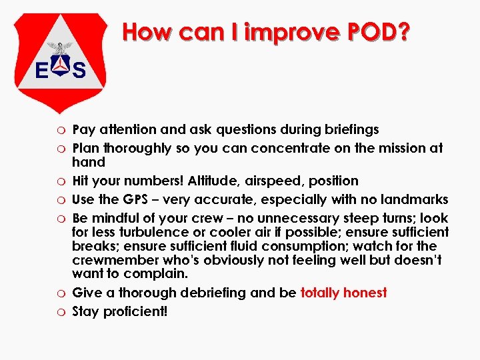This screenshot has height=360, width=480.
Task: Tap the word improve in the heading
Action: point(287,31)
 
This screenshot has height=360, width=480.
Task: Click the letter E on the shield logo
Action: point(41,69)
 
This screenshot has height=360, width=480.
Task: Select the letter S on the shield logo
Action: point(79,69)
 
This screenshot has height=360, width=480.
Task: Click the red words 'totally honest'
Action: point(343,293)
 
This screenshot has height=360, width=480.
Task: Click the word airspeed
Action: point(273,181)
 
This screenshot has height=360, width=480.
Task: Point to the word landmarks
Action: point(414,199)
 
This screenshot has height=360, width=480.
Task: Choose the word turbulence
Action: point(154,232)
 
